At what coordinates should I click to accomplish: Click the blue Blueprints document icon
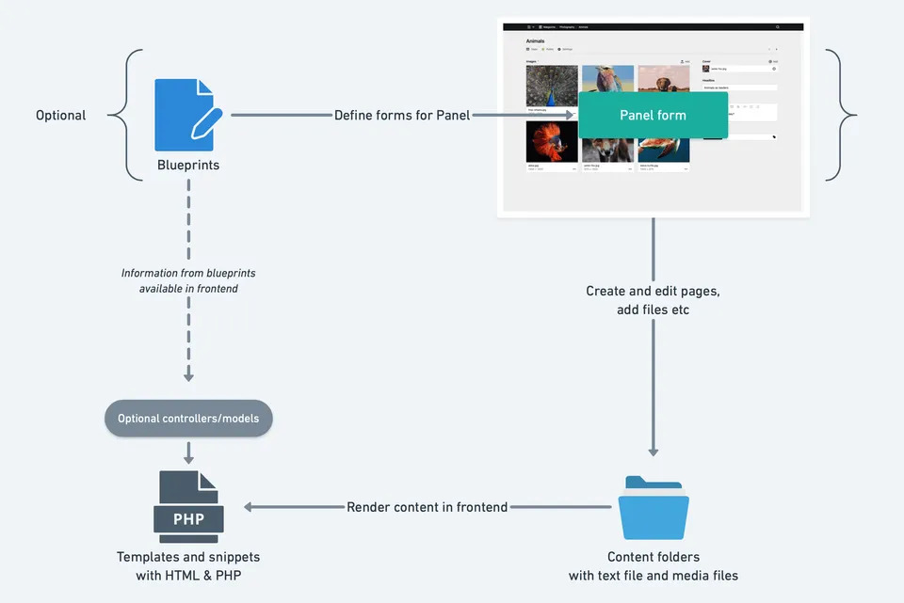click(187, 115)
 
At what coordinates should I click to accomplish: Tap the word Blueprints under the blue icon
click(188, 165)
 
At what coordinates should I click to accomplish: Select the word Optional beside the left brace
click(61, 116)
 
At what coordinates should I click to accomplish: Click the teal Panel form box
click(653, 116)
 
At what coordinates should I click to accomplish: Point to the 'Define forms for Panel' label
click(402, 116)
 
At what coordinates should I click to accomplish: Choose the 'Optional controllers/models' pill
click(188, 418)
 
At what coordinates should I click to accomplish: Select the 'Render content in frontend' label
click(428, 507)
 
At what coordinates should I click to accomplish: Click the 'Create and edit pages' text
click(653, 292)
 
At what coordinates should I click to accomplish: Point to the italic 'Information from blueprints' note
click(188, 274)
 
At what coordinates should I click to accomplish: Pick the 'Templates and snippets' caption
click(188, 557)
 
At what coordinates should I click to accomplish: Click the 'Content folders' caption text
click(654, 557)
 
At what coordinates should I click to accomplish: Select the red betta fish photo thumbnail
click(552, 142)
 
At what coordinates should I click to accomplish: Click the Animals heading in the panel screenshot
click(536, 41)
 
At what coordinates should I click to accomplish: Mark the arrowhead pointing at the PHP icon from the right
click(249, 507)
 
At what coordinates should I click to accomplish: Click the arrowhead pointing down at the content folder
click(654, 452)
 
